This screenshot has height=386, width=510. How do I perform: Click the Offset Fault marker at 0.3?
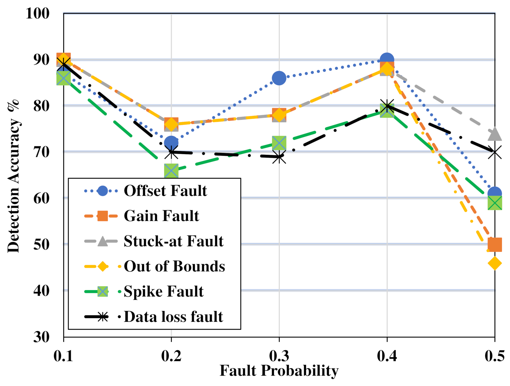(x=279, y=78)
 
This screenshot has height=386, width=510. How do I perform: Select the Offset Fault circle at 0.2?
(x=171, y=142)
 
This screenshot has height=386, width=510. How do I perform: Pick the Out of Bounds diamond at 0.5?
(x=494, y=263)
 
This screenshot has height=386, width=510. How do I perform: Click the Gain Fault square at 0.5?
(x=494, y=244)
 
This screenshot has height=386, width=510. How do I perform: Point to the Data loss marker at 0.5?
(x=494, y=152)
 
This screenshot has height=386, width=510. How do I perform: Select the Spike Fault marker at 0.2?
(x=171, y=170)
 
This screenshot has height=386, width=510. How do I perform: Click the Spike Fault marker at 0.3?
(x=279, y=143)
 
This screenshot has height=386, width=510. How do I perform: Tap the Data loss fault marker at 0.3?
(x=279, y=157)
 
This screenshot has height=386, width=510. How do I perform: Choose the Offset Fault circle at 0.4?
(x=387, y=60)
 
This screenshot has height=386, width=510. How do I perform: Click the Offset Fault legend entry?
(x=165, y=191)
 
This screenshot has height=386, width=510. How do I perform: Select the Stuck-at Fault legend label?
(x=173, y=241)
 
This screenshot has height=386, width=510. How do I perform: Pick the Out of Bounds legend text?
(x=174, y=266)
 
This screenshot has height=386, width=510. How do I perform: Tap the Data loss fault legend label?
(x=173, y=317)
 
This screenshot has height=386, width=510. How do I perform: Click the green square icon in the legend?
(x=103, y=291)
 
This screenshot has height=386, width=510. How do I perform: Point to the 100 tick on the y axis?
(x=37, y=14)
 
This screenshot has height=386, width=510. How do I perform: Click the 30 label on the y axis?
(x=41, y=337)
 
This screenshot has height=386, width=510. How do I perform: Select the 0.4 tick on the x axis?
(x=387, y=356)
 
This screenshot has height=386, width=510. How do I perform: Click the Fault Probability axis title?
(x=279, y=371)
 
